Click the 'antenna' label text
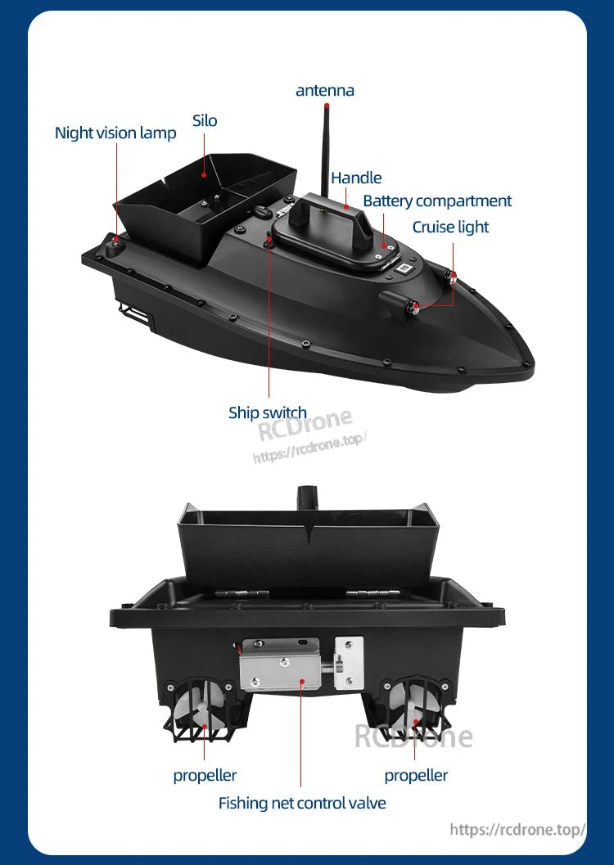pos(325,90)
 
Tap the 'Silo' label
pos(205,121)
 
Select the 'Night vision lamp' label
pos(115,133)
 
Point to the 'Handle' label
pos(356,178)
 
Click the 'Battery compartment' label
pos(437,200)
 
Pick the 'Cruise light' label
pos(450,227)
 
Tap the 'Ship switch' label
pos(268,412)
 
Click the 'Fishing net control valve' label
pos(302,803)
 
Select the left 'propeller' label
pos(205,775)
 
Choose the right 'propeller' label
pos(416,775)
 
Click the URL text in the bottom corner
pos(517,829)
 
